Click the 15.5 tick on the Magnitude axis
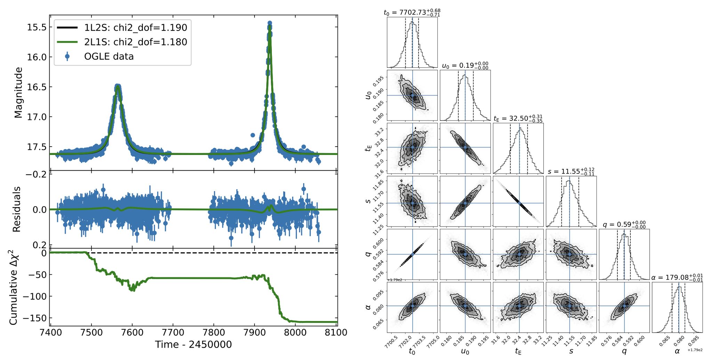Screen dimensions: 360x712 tap(37, 27)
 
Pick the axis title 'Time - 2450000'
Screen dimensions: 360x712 tap(193, 345)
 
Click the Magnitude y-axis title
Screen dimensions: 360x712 tap(18, 93)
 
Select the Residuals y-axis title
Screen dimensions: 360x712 tap(17, 209)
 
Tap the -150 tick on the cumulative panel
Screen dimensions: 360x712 tap(34, 318)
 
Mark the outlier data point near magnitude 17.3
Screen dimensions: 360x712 tap(253, 135)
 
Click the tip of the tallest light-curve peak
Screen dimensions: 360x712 tap(269, 23)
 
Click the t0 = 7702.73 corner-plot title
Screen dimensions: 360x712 tap(412, 13)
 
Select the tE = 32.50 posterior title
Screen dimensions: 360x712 tap(518, 118)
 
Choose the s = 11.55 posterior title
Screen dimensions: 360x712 tap(571, 171)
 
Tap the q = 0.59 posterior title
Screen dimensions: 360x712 tap(624, 224)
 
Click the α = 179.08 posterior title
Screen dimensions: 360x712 tap(677, 277)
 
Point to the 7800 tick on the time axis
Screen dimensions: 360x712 tap(214, 333)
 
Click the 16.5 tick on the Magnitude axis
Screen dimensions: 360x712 tap(37, 87)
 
